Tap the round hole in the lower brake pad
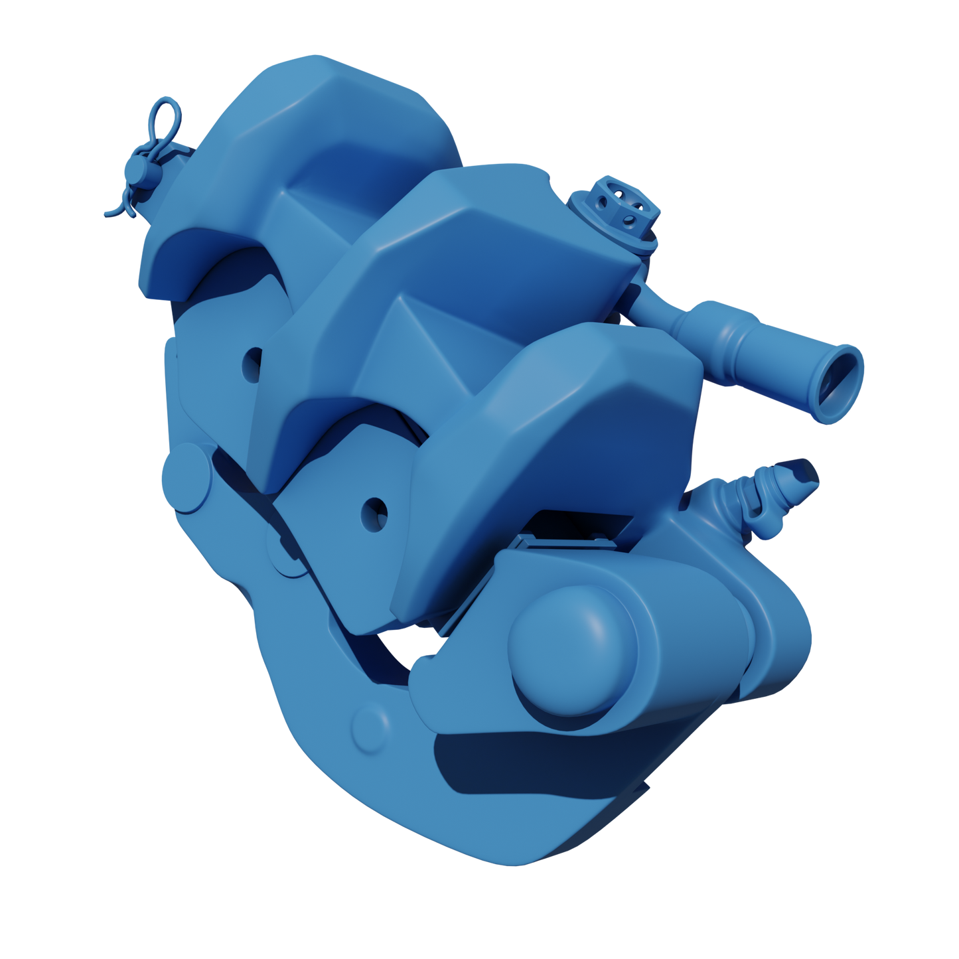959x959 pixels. [x=374, y=512]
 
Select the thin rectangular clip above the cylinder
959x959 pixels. [x=571, y=538]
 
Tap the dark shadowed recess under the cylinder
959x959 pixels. [x=518, y=763]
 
